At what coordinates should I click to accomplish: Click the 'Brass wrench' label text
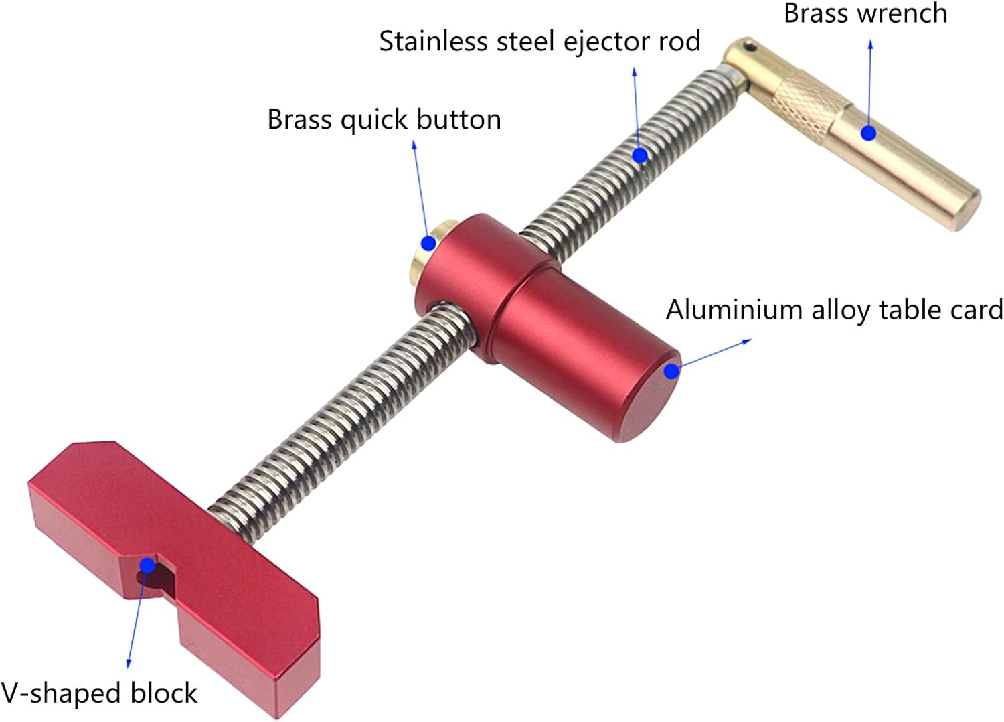click(x=865, y=13)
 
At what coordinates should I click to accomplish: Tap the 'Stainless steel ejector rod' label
click(x=539, y=42)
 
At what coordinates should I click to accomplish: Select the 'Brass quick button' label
click(x=384, y=120)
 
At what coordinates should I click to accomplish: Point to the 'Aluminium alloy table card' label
click(x=834, y=310)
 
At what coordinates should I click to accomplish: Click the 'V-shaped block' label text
click(x=99, y=693)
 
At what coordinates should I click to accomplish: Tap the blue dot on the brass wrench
click(x=869, y=133)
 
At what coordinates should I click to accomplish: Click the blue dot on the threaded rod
click(x=640, y=155)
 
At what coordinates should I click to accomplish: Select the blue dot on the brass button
click(x=429, y=242)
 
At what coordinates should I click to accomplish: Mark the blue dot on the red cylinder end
click(x=671, y=370)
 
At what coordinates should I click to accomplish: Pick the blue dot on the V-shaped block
click(x=148, y=566)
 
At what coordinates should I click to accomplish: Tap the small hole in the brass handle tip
click(x=753, y=47)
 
